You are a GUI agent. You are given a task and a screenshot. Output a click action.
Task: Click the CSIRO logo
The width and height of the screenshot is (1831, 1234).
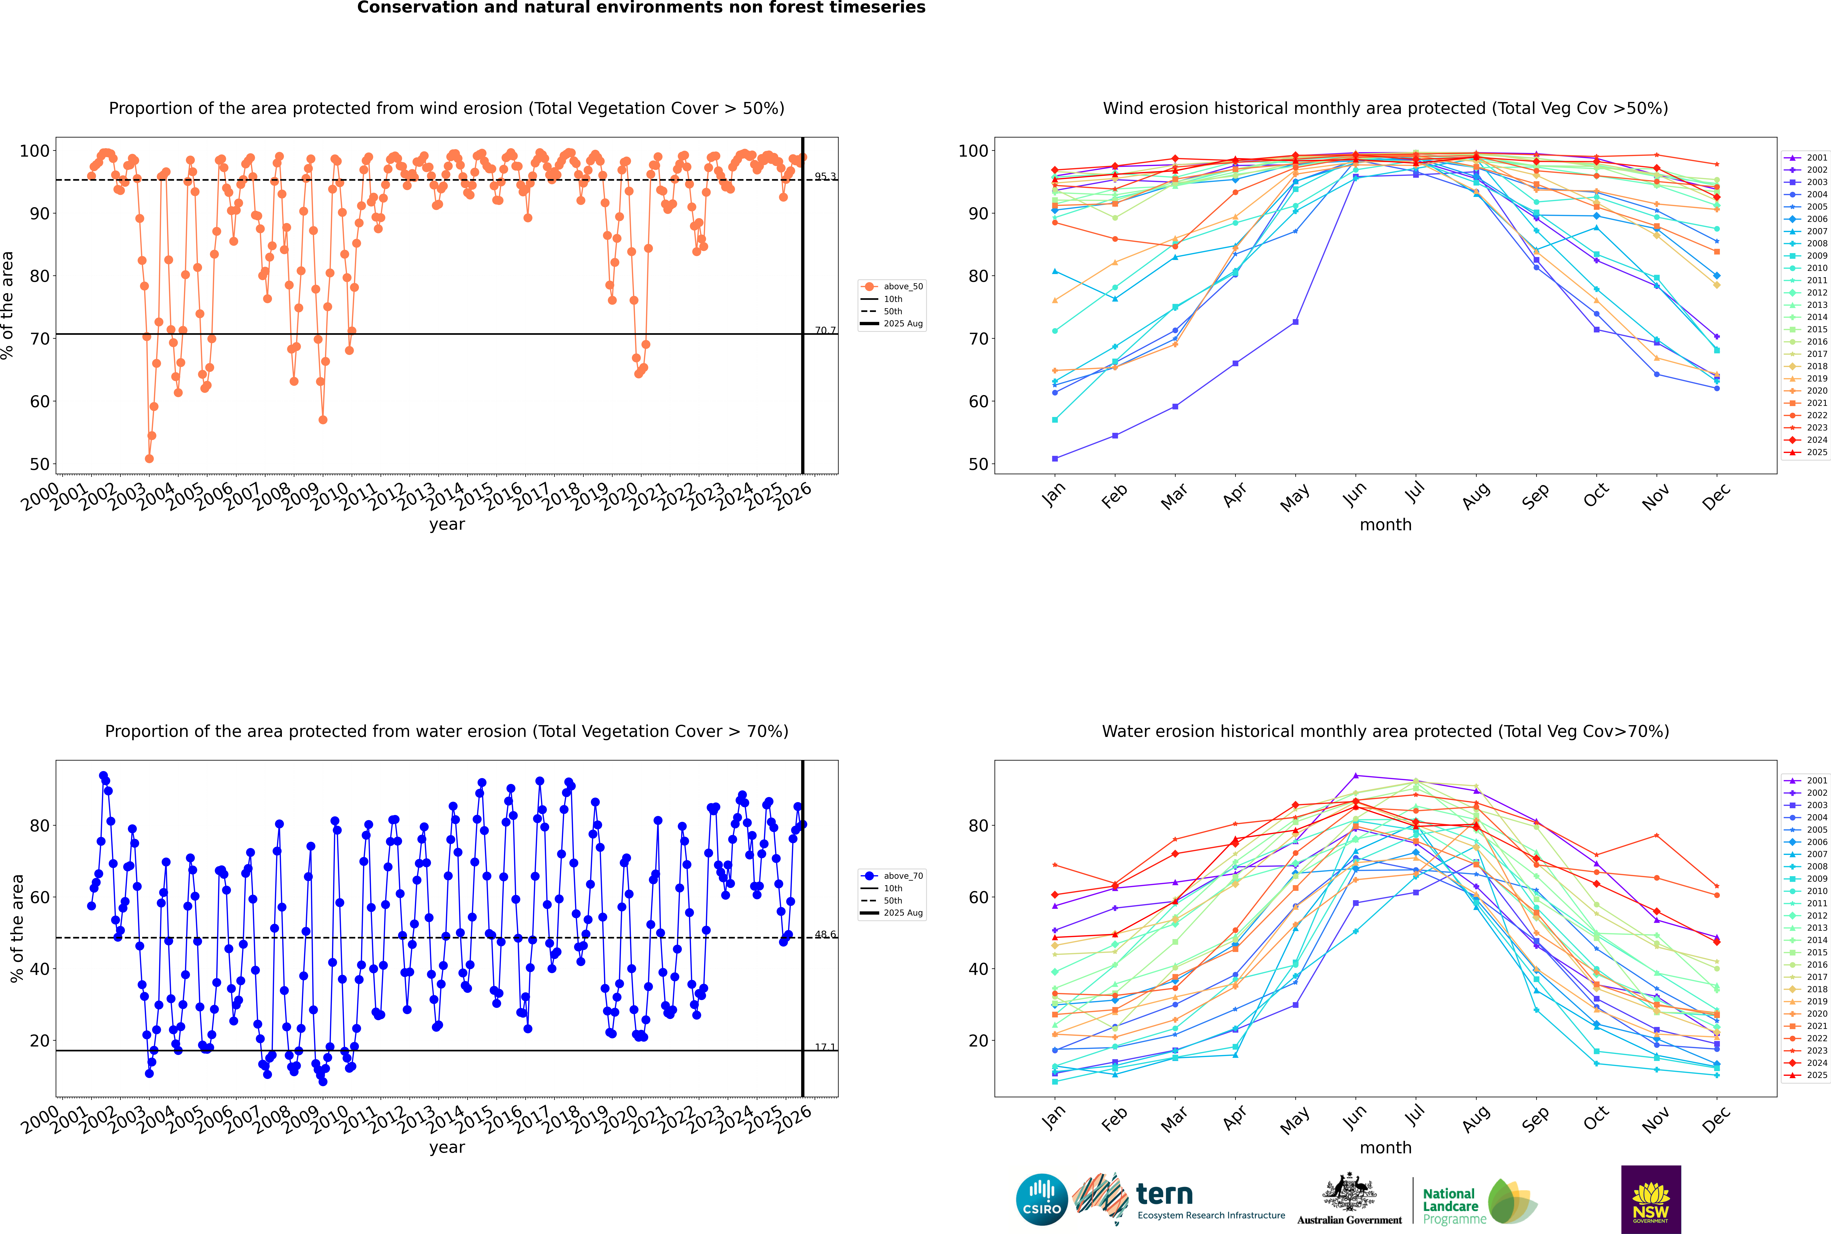tap(1041, 1199)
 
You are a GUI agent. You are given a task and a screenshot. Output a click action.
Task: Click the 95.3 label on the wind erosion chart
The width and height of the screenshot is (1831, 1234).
tap(825, 176)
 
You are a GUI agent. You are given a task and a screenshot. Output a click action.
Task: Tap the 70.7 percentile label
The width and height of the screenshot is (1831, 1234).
tap(825, 330)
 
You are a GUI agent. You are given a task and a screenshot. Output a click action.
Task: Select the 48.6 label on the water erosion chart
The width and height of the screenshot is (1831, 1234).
tap(825, 934)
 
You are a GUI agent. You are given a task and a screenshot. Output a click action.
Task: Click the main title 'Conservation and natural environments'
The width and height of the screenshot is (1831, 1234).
tap(641, 8)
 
